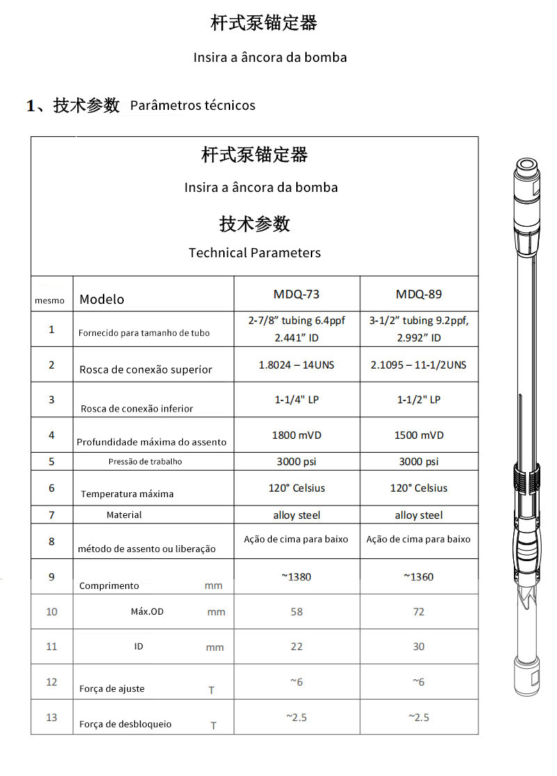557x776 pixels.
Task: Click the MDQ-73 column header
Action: [x=296, y=294]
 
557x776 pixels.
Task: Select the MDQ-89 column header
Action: [x=419, y=294]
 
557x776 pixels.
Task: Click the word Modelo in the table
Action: [x=102, y=300]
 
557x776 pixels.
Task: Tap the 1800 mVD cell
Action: [x=296, y=435]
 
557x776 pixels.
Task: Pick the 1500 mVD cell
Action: [x=419, y=435]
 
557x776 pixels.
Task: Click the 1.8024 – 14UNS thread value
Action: [x=296, y=365]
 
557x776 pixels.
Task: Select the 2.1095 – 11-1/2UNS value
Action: [x=419, y=365]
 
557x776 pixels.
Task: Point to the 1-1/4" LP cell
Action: [x=296, y=400]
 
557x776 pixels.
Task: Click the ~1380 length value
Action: [x=296, y=576]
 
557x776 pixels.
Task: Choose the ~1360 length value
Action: [x=419, y=576]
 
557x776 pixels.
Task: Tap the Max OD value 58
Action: [x=296, y=612]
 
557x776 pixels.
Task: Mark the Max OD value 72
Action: [x=419, y=612]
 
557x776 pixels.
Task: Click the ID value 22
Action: [x=296, y=647]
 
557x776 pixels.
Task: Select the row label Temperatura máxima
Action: [x=127, y=494]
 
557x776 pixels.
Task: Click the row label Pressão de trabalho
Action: [x=145, y=462]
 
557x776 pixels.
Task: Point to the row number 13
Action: [x=51, y=718]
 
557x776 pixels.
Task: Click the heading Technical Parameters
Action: [x=255, y=253]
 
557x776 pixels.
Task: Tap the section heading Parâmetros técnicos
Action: [x=193, y=106]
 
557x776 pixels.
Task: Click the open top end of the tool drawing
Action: [x=526, y=165]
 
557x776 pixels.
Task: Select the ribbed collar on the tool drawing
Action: [x=526, y=479]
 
